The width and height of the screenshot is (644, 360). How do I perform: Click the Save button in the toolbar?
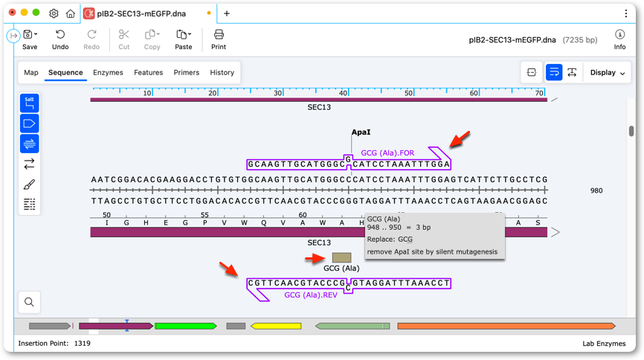click(30, 40)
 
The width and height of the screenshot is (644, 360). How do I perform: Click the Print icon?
click(219, 34)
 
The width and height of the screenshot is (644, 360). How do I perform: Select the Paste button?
click(183, 40)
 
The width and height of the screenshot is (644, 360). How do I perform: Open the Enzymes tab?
click(108, 72)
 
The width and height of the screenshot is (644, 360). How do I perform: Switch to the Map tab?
click(31, 72)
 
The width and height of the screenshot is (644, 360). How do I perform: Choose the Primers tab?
click(187, 72)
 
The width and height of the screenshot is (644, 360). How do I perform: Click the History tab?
click(222, 72)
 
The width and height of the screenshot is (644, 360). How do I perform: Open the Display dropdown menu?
click(608, 73)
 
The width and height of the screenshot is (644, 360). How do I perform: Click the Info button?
click(619, 40)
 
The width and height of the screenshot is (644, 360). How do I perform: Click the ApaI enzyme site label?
click(361, 132)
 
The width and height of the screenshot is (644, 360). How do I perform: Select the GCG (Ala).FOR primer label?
click(387, 153)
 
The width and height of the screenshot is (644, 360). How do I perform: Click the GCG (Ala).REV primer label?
click(311, 295)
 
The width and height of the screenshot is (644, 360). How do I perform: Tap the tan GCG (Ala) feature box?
click(342, 257)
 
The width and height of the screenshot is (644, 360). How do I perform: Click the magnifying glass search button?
click(29, 302)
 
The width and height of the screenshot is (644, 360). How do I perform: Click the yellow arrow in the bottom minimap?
click(276, 326)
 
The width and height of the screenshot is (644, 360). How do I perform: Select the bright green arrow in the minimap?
click(186, 326)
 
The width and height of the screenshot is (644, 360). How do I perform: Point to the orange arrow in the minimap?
click(506, 326)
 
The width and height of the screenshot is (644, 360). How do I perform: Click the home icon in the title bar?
click(71, 13)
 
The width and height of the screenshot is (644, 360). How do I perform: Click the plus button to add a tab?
click(227, 13)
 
